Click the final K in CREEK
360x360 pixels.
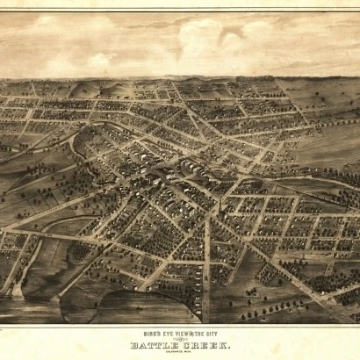(x=227, y=344)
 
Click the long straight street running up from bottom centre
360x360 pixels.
(x=205, y=263)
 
